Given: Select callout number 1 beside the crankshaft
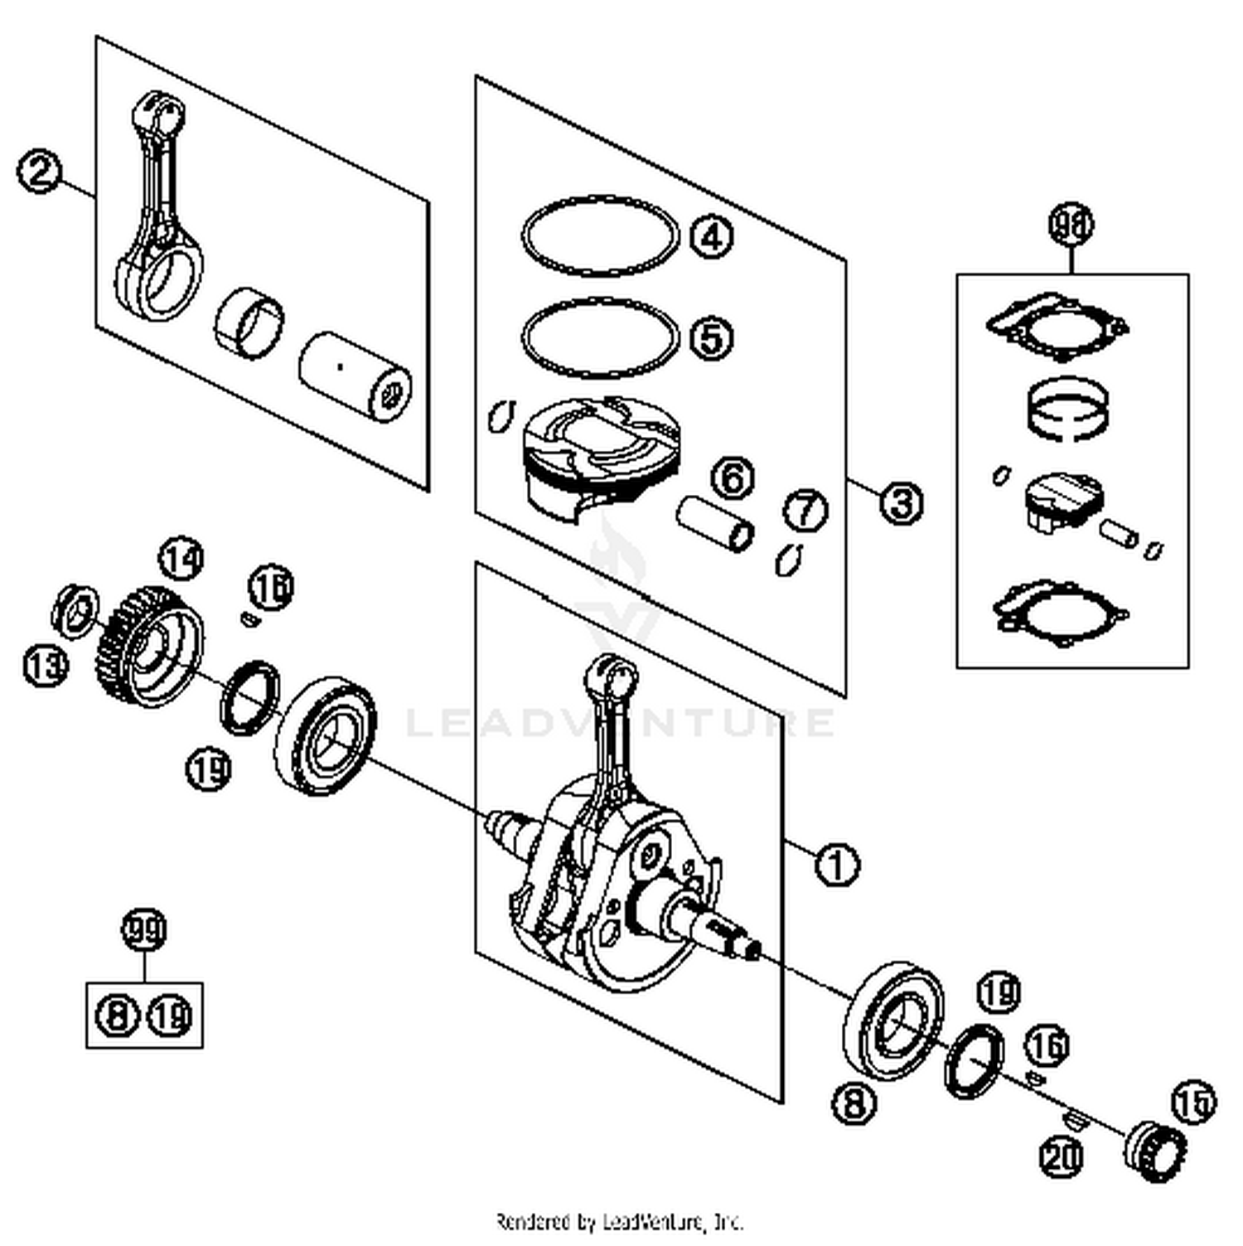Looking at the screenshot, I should tap(837, 864).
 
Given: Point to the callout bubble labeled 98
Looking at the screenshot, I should tap(1071, 225).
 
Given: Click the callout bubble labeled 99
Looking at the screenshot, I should tap(144, 930).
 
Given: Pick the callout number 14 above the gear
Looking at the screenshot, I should tap(181, 559).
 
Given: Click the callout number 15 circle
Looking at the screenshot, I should tap(1193, 1102).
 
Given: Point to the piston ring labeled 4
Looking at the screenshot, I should tap(600, 237).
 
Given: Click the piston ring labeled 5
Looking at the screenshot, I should tap(600, 337).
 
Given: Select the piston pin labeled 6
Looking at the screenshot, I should tap(715, 524).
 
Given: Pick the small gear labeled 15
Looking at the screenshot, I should tap(1155, 1151).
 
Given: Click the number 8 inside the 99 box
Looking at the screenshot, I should tap(118, 1015).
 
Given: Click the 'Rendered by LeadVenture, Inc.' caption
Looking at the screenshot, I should tap(620, 1221).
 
